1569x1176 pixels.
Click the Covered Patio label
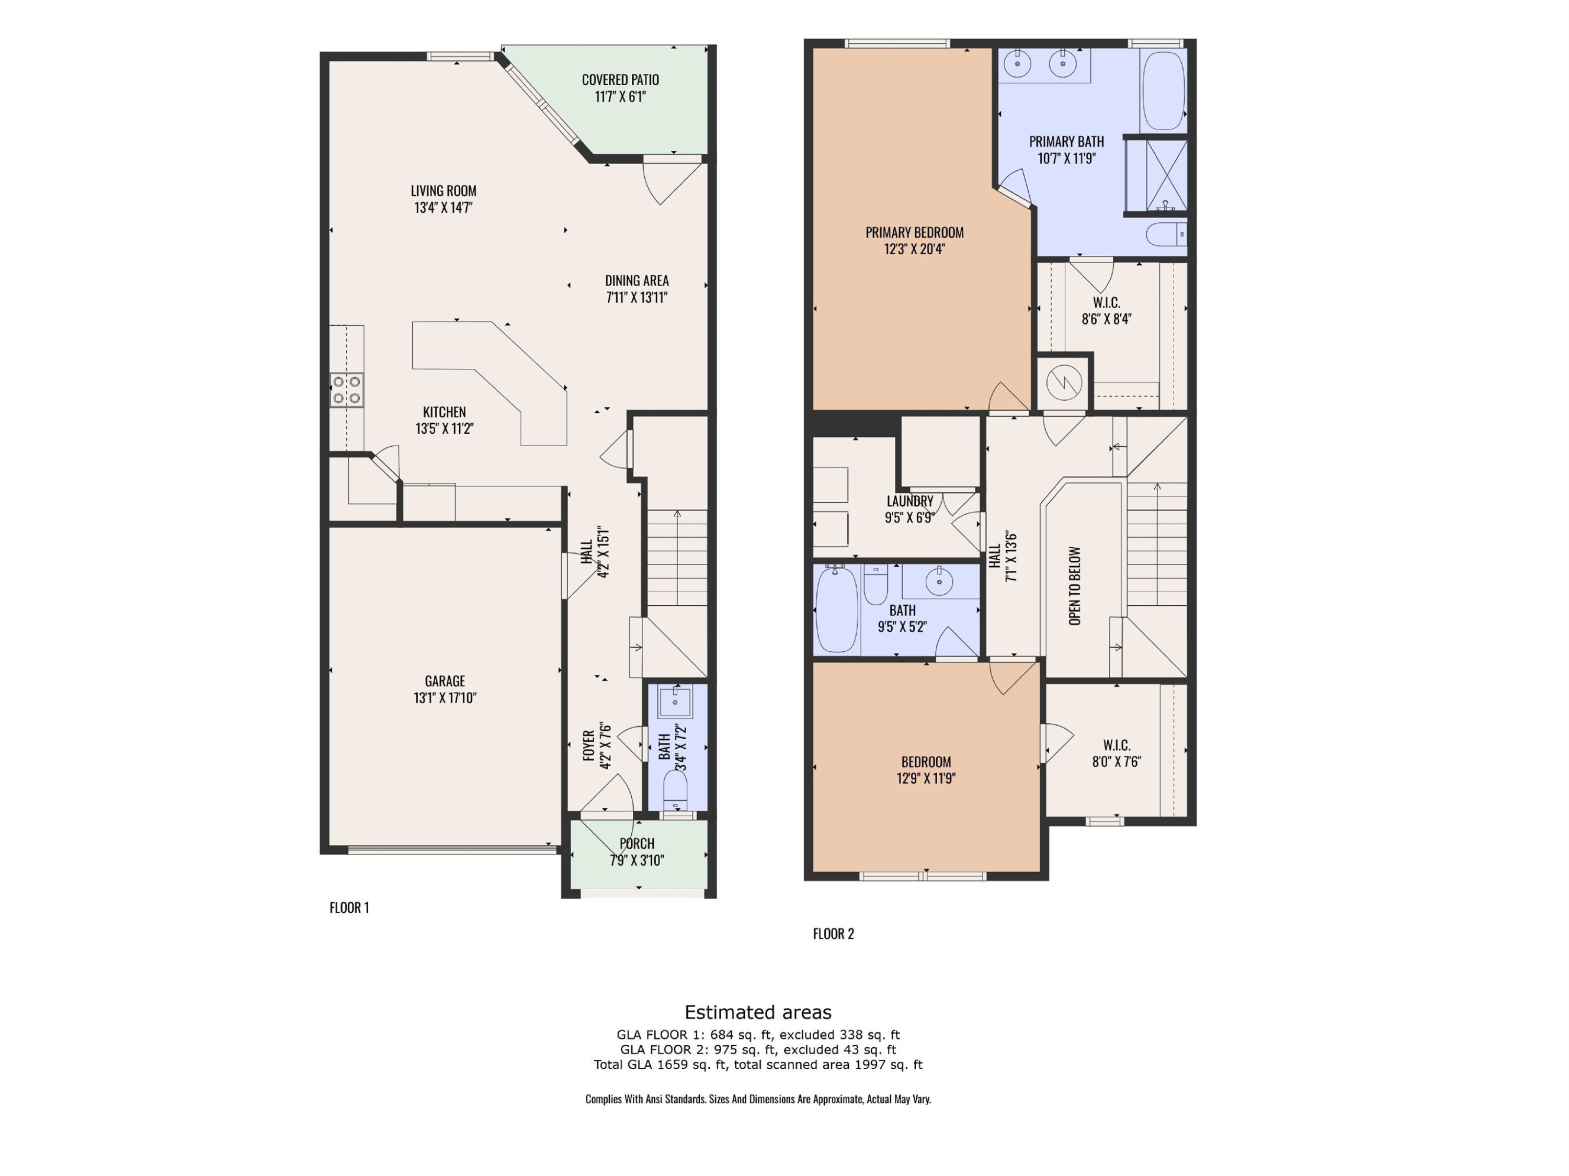(620, 80)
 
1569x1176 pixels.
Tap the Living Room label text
(444, 191)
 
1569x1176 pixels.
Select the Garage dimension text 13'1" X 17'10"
(445, 698)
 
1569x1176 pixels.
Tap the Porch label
(637, 843)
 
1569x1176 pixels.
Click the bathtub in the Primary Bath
(1163, 90)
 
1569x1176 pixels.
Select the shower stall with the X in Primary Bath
(1166, 176)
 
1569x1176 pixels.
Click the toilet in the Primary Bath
(1166, 234)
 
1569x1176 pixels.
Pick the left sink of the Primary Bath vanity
(1018, 64)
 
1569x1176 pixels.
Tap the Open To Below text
(1075, 586)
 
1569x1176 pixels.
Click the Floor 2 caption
(834, 933)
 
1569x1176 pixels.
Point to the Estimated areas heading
(757, 1012)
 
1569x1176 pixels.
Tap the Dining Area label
(637, 281)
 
